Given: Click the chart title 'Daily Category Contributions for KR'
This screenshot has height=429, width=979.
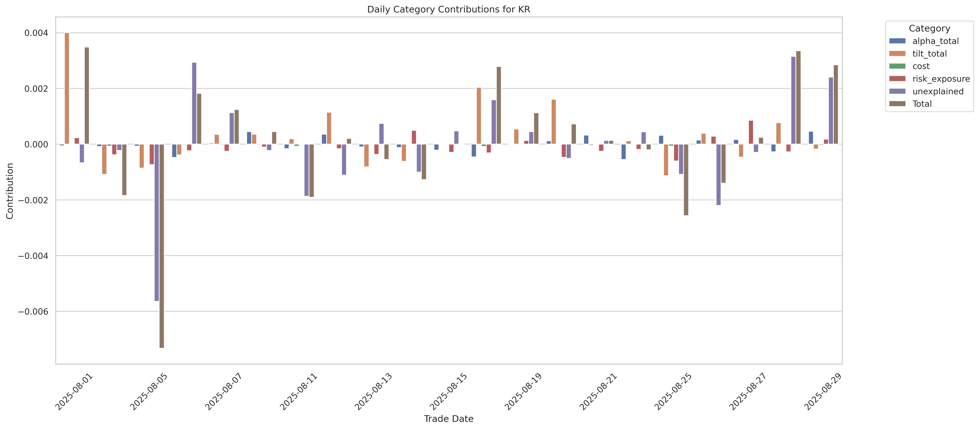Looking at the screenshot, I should click(x=448, y=10).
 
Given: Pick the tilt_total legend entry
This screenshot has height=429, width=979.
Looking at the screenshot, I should click(x=929, y=54).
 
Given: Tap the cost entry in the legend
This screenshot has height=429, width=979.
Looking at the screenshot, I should click(x=921, y=66).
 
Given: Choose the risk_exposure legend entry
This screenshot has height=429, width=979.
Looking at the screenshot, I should click(x=941, y=79).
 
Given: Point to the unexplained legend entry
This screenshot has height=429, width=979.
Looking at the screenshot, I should click(x=938, y=91).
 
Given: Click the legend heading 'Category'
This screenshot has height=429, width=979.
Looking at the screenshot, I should click(x=929, y=29).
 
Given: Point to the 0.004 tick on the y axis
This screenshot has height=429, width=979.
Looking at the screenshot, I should click(x=36, y=33).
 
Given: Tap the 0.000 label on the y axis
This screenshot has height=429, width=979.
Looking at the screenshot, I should click(x=36, y=144).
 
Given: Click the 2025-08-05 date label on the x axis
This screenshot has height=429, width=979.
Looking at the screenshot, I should click(x=149, y=392).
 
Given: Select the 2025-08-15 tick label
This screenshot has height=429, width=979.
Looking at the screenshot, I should click(x=448, y=392).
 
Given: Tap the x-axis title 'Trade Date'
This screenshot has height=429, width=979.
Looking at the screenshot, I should click(x=448, y=419).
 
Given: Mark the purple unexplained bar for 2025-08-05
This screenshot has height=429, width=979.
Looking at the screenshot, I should click(x=157, y=222).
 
